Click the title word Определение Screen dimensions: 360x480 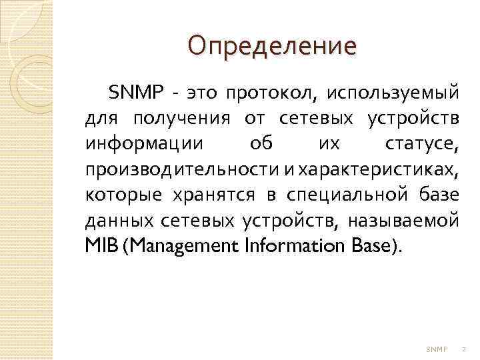pos(272,46)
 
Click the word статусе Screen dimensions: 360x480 pos(421,145)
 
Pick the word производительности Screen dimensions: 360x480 pos(181,171)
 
